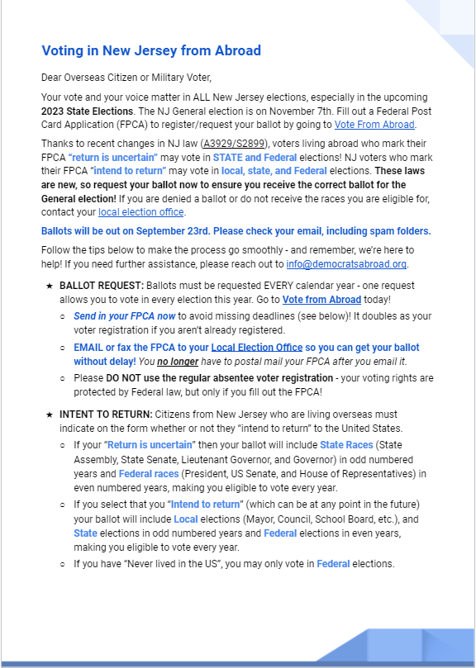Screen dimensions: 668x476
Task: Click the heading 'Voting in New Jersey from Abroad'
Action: pos(151,51)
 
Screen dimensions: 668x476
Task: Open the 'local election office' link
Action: pos(141,212)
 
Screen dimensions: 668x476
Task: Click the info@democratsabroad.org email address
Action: pos(356,263)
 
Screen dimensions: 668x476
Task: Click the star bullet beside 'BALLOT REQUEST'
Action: pos(50,285)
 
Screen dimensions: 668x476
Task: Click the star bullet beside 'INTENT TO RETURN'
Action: pos(50,413)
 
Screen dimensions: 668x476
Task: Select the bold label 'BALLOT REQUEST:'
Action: pos(101,285)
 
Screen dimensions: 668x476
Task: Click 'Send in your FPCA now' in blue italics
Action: pos(124,316)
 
